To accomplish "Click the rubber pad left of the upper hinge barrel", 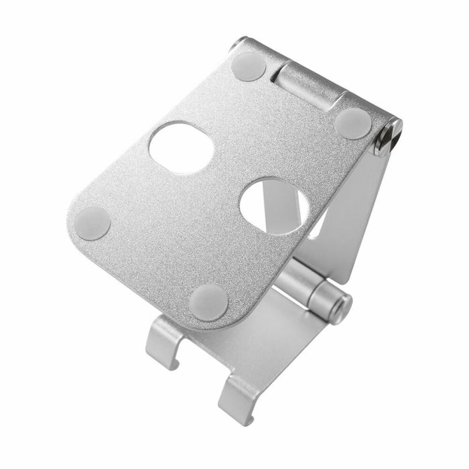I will click(249, 67).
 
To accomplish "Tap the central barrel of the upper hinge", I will click(308, 86).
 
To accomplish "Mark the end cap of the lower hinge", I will click(343, 307).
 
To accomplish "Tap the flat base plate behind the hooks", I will click(268, 342).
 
